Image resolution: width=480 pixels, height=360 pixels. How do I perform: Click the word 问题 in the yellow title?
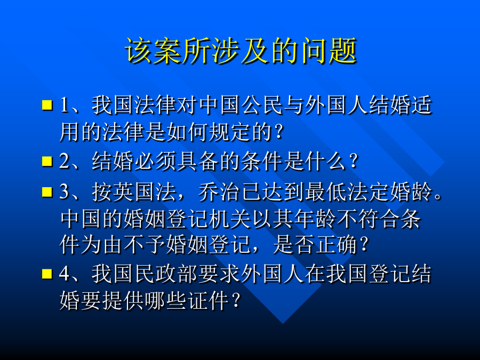[x=329, y=51]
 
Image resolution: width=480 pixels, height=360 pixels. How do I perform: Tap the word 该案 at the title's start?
[x=153, y=51]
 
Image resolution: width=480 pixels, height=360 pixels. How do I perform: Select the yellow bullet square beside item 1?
[x=47, y=105]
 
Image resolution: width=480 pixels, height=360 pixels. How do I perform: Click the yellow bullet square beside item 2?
[x=47, y=161]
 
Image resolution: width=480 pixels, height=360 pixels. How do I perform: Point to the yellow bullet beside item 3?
[x=47, y=192]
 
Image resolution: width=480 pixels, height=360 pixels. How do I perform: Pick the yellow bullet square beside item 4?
[x=47, y=274]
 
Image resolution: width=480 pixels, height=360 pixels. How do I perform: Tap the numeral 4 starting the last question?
[x=65, y=274]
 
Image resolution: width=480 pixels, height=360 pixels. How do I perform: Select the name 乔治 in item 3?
[x=219, y=192]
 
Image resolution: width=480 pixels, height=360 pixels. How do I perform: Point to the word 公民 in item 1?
[x=262, y=105]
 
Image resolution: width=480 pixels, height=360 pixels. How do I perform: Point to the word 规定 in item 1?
[x=230, y=132]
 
